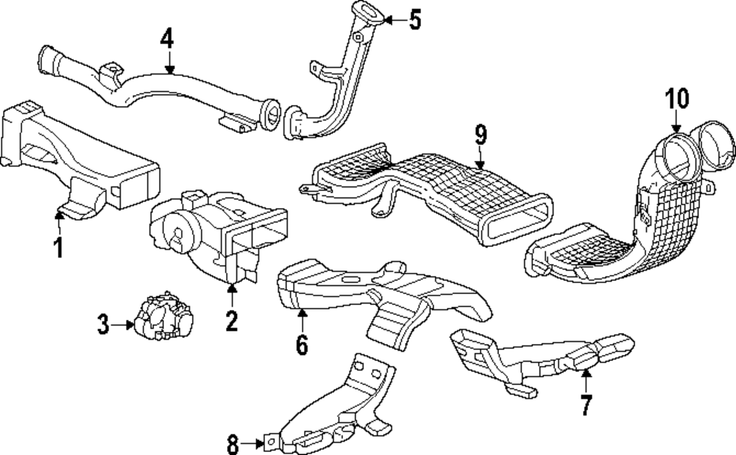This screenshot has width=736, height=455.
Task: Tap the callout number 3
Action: [x=104, y=323]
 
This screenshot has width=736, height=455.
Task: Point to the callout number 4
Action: [x=169, y=37]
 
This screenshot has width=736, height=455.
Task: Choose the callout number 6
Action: [x=302, y=343]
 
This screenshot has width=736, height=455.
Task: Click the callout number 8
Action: [x=233, y=443]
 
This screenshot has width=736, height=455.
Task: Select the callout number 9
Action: [x=481, y=135]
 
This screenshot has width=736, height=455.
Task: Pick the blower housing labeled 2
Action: [x=213, y=228]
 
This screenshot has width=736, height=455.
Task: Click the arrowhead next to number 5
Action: [x=388, y=20]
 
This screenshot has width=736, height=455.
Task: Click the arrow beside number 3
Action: [x=123, y=323]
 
